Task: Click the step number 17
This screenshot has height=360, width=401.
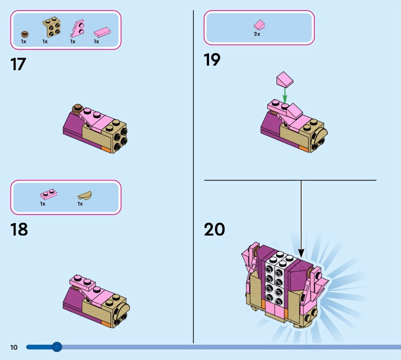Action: [18, 64]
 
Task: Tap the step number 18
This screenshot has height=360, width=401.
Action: [19, 229]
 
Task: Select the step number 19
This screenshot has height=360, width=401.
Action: [212, 60]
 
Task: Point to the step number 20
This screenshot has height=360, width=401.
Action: [215, 229]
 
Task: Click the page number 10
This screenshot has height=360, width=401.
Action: [14, 347]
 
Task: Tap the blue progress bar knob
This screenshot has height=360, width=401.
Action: [57, 347]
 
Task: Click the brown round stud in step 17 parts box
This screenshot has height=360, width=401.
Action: [25, 34]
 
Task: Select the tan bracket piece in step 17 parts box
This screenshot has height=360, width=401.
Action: [52, 27]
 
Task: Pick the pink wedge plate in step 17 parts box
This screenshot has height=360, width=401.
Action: [77, 29]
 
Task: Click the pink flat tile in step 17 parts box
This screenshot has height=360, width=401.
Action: [102, 33]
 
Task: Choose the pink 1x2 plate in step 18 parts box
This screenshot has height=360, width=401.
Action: [49, 195]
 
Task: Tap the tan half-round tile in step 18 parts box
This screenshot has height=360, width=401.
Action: [85, 195]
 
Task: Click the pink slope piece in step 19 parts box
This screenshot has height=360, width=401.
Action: [259, 25]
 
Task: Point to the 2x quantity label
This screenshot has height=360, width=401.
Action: [257, 34]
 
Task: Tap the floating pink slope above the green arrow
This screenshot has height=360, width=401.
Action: [285, 79]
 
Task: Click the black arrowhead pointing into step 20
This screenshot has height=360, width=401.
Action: [301, 253]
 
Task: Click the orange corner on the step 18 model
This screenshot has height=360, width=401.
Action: [106, 324]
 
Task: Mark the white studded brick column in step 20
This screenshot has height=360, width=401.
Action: [277, 278]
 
